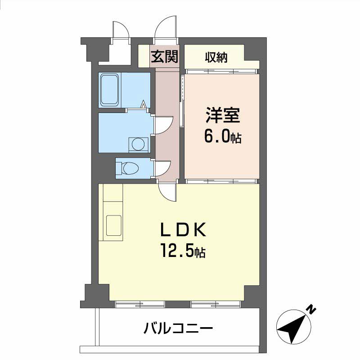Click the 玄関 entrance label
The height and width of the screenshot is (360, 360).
click(165, 57)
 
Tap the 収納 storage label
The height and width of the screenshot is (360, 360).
click(216, 58)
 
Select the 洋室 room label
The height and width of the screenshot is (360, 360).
click(222, 115)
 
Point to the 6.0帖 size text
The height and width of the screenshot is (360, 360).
click(223, 136)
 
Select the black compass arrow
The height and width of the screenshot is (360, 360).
click(292, 327)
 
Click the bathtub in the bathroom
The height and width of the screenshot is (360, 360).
click(110, 90)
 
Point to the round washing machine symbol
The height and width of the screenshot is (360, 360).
click(138, 144)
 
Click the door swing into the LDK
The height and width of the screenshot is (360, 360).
click(167, 191)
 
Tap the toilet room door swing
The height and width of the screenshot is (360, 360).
click(162, 169)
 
